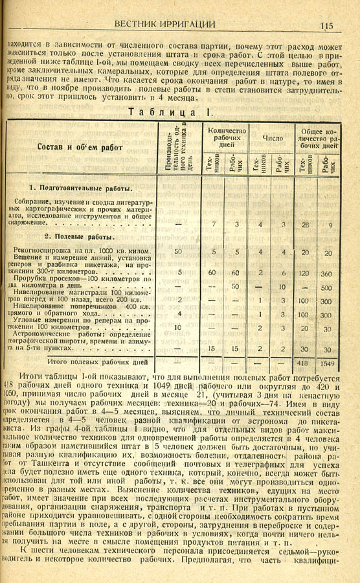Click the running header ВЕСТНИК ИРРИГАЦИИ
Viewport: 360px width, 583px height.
(164, 24)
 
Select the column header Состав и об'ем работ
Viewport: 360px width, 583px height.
(80, 148)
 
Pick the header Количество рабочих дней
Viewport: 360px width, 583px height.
(226, 137)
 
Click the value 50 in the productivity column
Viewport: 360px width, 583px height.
(178, 251)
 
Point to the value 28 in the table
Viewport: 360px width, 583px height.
(304, 225)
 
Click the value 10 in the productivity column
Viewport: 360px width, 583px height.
(178, 328)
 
